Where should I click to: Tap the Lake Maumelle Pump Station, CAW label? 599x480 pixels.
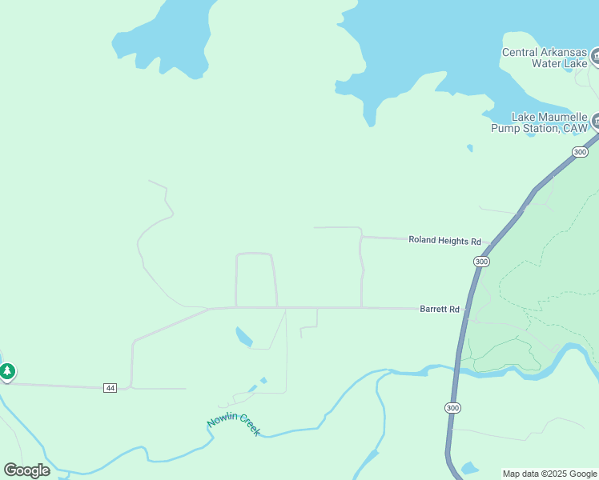coord(539,122)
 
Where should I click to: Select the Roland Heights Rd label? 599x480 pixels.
coord(444,240)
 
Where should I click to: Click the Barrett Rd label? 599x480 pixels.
coord(440,309)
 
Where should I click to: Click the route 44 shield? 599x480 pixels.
coord(111,388)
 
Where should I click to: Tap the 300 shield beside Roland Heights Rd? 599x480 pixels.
coord(480,262)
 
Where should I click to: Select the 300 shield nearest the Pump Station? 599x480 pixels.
coord(581,152)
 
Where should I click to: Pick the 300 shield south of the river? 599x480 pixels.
coord(453,408)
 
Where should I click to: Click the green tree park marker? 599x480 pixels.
coord(7,371)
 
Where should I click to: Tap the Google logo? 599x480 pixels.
coord(26,470)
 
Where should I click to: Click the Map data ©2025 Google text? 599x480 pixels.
coord(549,474)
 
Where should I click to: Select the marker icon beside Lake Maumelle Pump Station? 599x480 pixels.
coord(596,122)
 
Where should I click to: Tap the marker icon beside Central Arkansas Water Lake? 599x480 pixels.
coord(595,57)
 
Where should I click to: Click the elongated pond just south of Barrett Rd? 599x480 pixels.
coord(243,338)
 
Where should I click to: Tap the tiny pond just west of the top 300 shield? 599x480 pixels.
coord(469,148)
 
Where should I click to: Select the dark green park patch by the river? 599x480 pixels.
coord(501,354)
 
